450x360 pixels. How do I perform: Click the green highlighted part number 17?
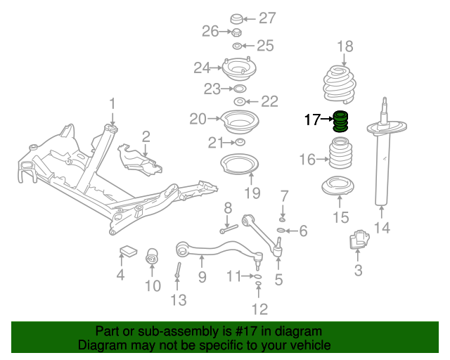341,122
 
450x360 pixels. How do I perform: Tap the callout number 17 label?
312,120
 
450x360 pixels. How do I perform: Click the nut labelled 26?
237,32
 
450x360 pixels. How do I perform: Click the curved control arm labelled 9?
211,247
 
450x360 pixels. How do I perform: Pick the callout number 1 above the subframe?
112,105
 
